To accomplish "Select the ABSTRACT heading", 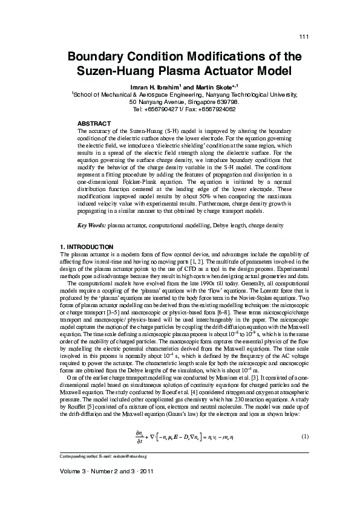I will (x=94, y=123).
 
